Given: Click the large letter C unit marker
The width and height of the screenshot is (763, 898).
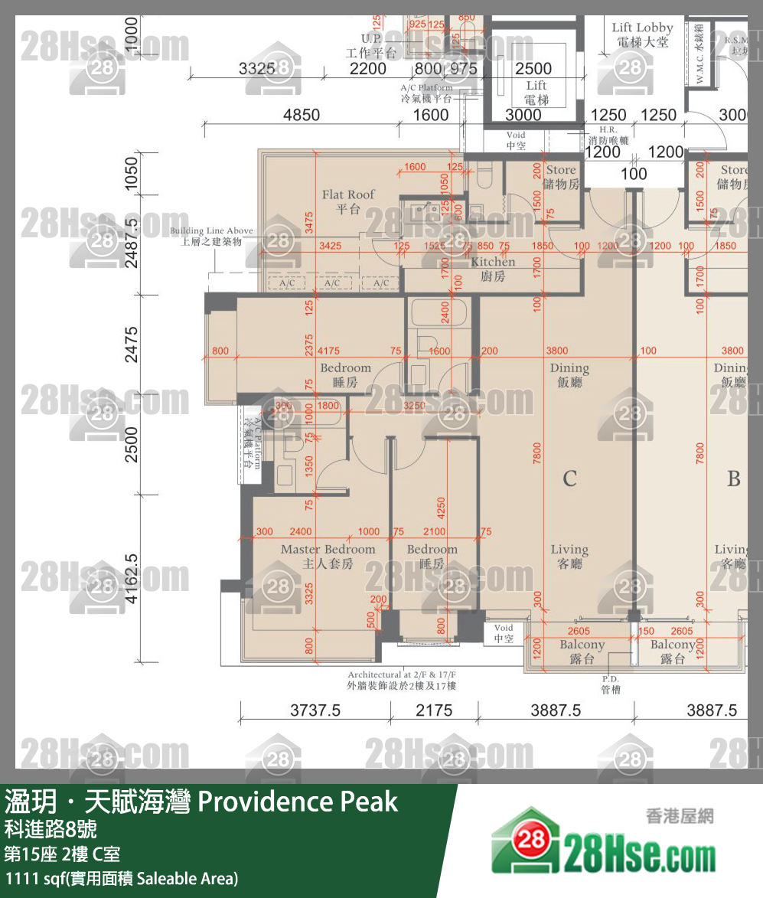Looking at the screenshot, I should click(x=569, y=479).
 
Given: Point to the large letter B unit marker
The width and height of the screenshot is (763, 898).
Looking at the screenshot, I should click(x=733, y=479).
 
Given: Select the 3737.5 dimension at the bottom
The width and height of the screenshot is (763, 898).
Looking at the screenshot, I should click(x=315, y=710).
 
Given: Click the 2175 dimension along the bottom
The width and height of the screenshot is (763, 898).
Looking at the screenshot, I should click(x=434, y=710).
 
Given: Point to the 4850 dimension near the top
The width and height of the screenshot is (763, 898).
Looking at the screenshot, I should click(x=302, y=115).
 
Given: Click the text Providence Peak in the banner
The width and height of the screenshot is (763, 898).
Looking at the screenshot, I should click(x=298, y=802).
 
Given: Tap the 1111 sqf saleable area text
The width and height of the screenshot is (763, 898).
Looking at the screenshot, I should click(x=122, y=877).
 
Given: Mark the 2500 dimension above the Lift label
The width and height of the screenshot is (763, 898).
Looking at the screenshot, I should click(x=533, y=69).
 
